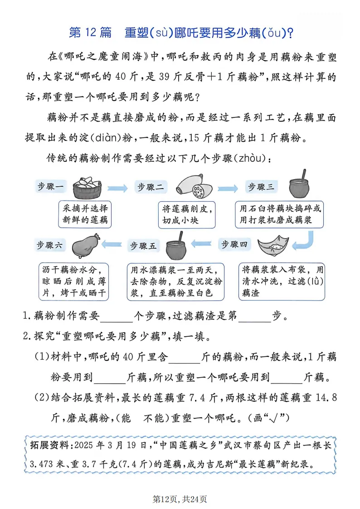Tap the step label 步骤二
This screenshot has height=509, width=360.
[x=151, y=187]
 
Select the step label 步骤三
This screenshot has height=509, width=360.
[x=260, y=187]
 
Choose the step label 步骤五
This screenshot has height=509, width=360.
[x=143, y=246]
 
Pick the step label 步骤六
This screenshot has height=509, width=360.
[x=51, y=245]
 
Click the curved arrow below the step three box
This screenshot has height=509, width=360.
[x=305, y=241]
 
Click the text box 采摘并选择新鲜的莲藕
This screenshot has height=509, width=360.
[x=86, y=214]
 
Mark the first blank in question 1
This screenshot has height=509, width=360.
[x=117, y=316]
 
